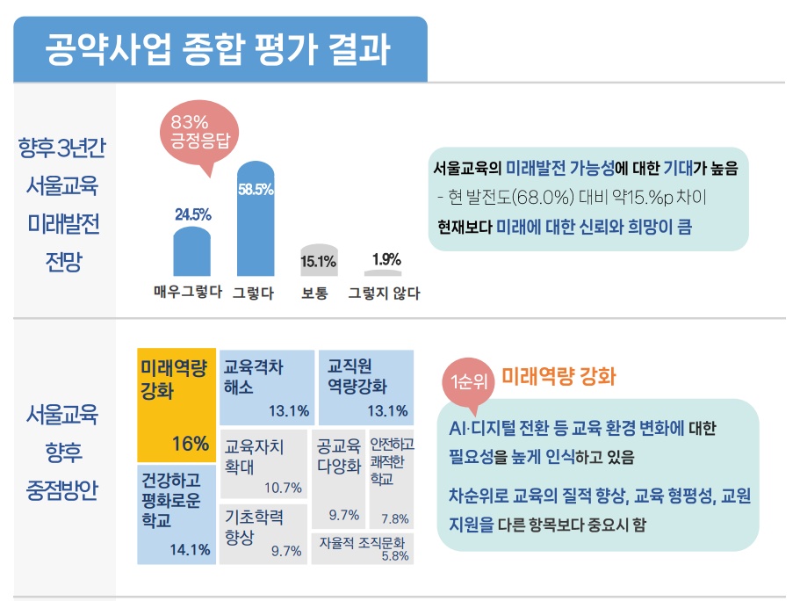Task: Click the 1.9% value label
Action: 386,259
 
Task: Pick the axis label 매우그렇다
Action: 187,293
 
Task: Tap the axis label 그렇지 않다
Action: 384,293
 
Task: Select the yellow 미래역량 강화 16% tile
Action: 177,405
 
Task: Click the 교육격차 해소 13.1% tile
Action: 266,387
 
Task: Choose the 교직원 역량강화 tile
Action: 364,387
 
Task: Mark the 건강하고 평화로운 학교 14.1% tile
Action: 177,514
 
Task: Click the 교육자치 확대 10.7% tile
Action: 263,463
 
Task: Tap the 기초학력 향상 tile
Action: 263,532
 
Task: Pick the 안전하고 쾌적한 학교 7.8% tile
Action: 391,479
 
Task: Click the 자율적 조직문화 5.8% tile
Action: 363,548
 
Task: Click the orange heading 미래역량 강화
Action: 559,378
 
